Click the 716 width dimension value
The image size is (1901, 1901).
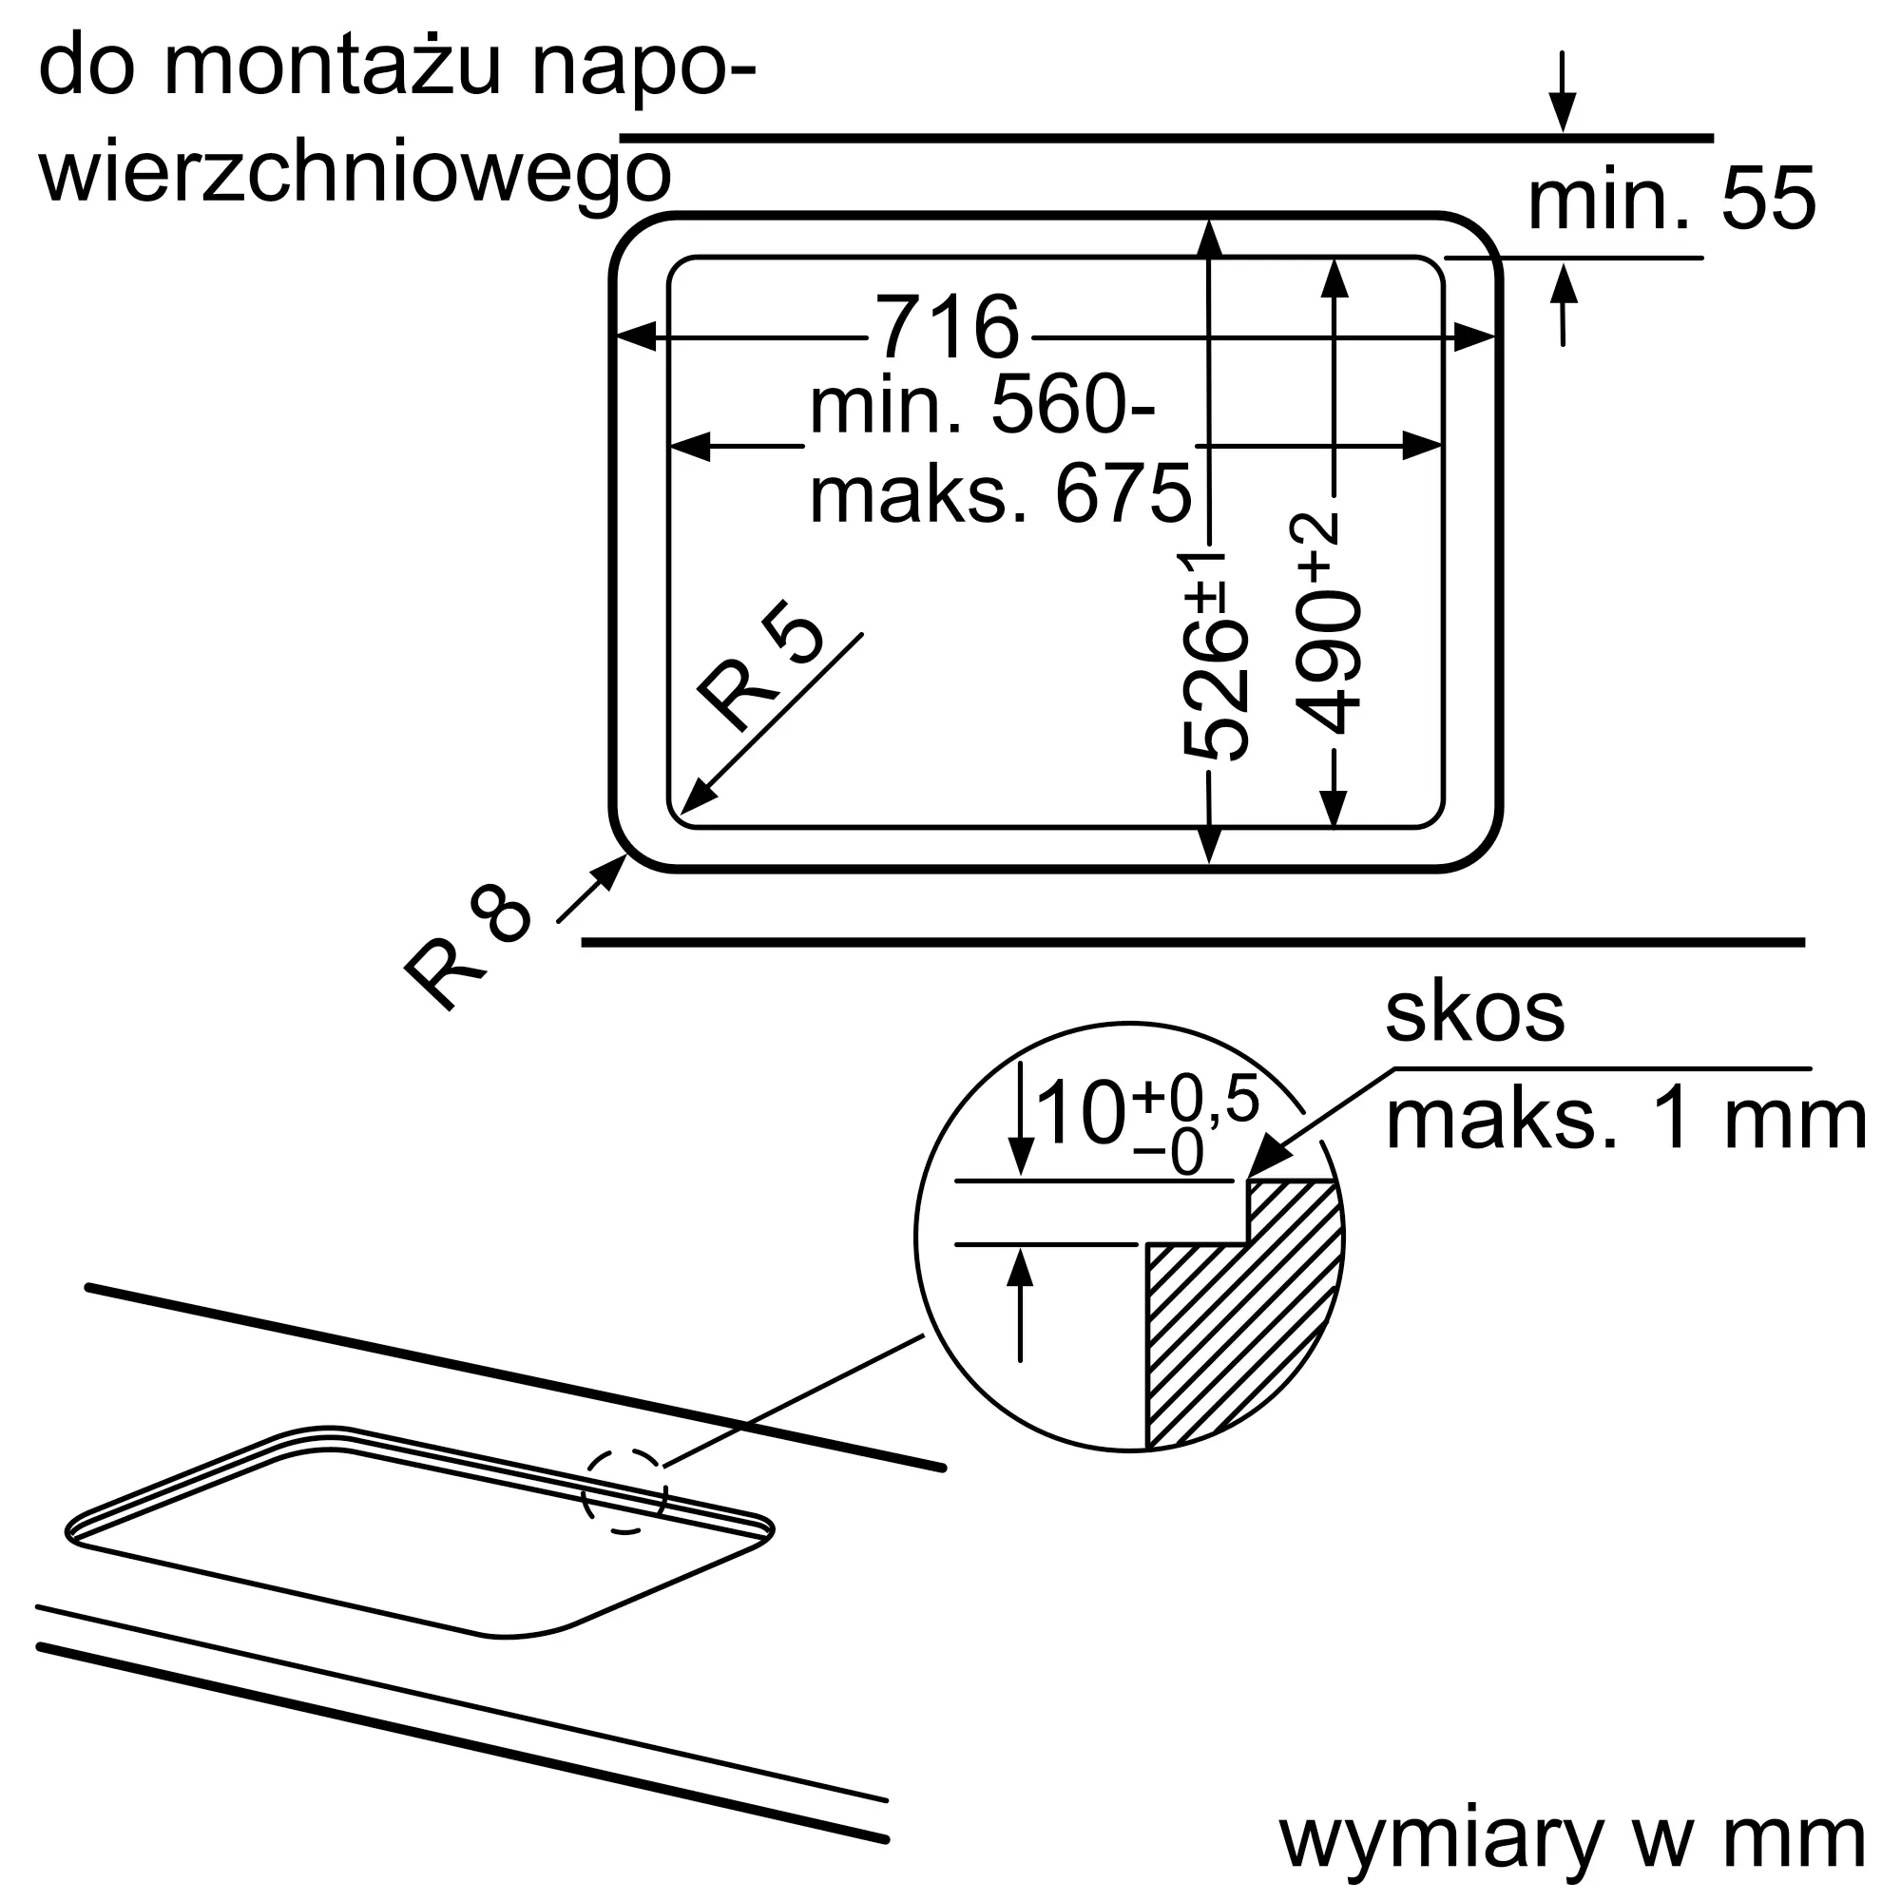948,327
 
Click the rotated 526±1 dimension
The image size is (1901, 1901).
1214,656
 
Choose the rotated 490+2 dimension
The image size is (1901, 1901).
1325,623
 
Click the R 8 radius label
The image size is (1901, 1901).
469,946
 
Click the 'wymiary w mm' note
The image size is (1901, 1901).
1572,1839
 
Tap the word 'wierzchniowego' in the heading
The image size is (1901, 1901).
355,175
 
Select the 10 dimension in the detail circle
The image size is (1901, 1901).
1081,1113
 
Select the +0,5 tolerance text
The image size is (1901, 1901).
1197,1099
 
